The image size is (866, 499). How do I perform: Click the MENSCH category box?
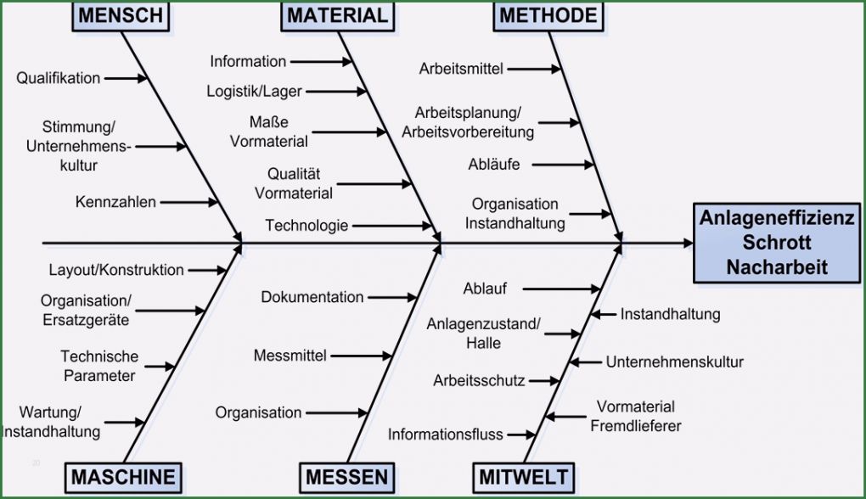pos(121,15)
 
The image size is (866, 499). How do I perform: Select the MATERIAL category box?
pos(337,15)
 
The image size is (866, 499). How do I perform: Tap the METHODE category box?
pos(548,15)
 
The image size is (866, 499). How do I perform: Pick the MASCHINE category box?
pos(123,478)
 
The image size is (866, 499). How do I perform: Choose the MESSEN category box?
pos(347,478)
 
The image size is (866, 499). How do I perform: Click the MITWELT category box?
pos(524,478)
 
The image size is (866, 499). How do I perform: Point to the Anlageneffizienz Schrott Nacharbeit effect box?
pos(777,243)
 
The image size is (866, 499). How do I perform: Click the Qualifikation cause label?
pos(58,78)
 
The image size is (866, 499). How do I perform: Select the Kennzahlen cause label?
pos(115,202)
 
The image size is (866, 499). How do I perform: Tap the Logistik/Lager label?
pos(254,91)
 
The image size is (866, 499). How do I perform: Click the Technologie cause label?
pos(306,225)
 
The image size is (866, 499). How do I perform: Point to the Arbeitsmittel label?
pos(461,69)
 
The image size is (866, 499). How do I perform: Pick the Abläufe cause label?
pos(494,165)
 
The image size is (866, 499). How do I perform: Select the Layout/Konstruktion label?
pos(116,270)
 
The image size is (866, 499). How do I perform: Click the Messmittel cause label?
pos(290,356)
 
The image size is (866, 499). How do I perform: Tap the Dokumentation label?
pos(312,297)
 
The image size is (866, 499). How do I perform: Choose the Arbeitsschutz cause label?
pos(479,381)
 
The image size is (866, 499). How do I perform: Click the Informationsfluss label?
pos(445,435)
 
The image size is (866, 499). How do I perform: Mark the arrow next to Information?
pos(321,62)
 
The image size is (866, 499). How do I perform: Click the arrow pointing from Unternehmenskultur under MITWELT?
pos(586,362)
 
